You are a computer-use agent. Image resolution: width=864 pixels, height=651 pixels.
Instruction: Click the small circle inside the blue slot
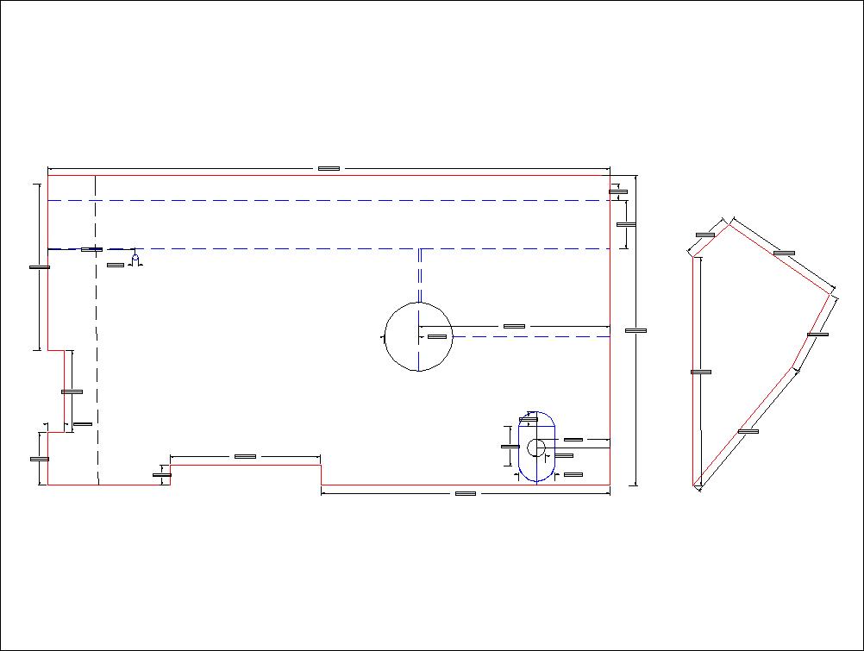[535, 447]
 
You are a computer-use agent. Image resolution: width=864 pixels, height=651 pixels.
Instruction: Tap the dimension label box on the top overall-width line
[329, 168]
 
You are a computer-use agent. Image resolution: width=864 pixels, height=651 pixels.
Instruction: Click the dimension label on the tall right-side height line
[635, 330]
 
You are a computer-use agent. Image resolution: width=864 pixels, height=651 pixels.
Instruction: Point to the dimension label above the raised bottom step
[245, 456]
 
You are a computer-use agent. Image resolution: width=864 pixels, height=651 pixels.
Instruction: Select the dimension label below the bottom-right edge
[466, 493]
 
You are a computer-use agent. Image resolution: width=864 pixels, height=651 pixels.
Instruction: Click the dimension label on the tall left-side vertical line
[39, 267]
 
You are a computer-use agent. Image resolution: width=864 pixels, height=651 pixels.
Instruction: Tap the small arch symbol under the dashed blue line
[135, 258]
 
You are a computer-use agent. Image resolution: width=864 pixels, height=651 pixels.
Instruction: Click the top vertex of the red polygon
[732, 225]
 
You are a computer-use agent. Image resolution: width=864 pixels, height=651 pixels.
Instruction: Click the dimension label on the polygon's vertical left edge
[701, 372]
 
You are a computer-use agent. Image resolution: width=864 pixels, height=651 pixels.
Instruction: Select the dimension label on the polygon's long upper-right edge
[784, 253]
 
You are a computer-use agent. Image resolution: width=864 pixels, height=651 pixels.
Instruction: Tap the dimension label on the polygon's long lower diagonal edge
[748, 431]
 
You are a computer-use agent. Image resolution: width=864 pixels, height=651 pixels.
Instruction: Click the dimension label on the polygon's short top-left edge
[705, 234]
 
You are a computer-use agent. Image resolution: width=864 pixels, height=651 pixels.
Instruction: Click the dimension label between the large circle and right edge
[514, 326]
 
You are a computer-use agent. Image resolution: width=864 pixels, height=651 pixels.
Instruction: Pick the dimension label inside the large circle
[437, 336]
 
